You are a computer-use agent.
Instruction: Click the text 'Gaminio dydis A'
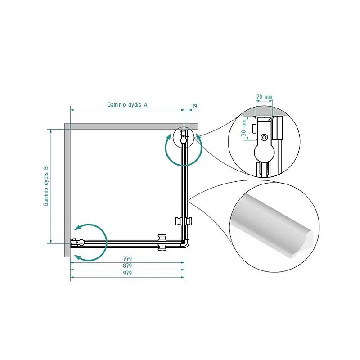point(127,105)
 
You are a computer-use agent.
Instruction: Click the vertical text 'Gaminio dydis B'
point(46,186)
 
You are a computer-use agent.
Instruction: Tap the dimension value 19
point(194,106)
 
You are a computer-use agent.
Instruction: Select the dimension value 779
point(127,258)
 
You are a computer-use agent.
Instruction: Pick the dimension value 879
point(127,265)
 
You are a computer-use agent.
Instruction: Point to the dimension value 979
point(127,273)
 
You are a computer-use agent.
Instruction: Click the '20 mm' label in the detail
point(264,97)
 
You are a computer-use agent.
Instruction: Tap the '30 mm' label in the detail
point(244,128)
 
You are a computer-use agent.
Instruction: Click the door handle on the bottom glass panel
point(162,243)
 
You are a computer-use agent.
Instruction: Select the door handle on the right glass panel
point(184,221)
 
